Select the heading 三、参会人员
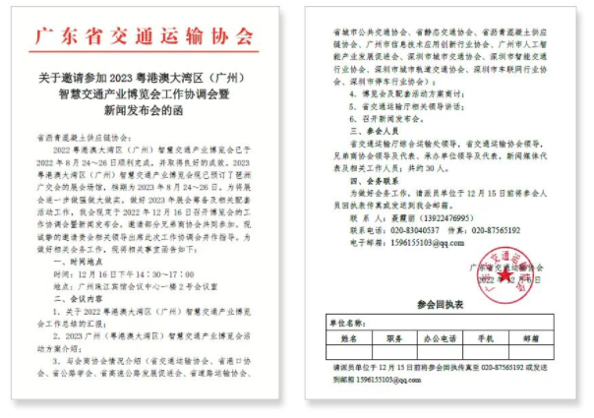pos(351,127)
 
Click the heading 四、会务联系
pos(351,183)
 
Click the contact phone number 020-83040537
pos(414,229)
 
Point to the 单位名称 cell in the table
pos(346,322)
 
